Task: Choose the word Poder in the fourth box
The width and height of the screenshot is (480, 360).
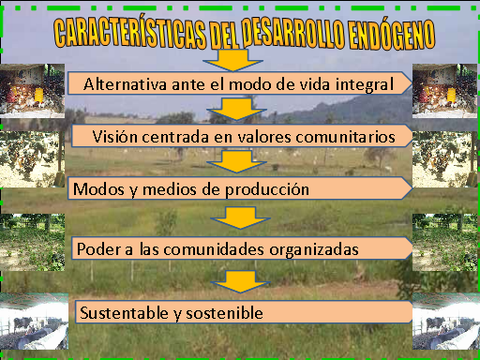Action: point(97,249)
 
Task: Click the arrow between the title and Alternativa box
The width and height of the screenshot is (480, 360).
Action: point(228,61)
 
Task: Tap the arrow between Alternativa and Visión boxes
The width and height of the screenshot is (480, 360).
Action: point(228,111)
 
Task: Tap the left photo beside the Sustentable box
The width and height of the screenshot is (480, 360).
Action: point(34,323)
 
